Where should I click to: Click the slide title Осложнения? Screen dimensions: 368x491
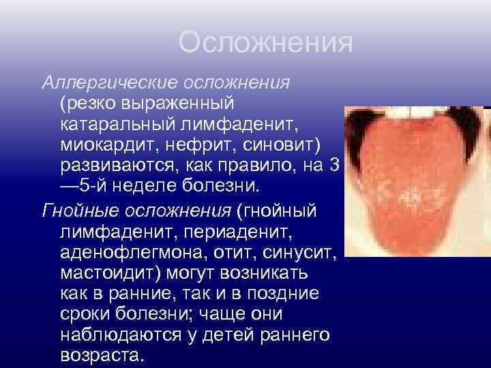[265, 43]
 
